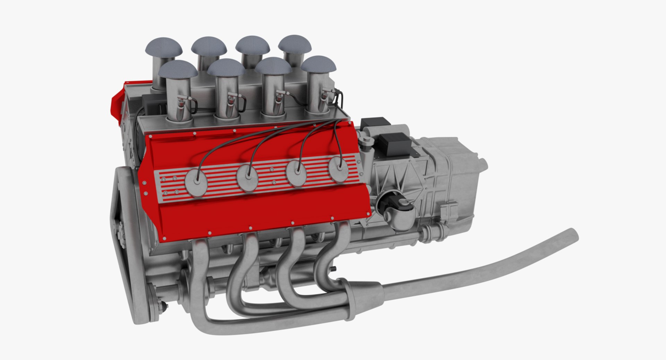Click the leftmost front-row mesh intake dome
coord(178,69)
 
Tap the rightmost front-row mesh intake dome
coord(318,65)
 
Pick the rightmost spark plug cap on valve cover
coord(338,169)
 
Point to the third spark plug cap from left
coord(298,173)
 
